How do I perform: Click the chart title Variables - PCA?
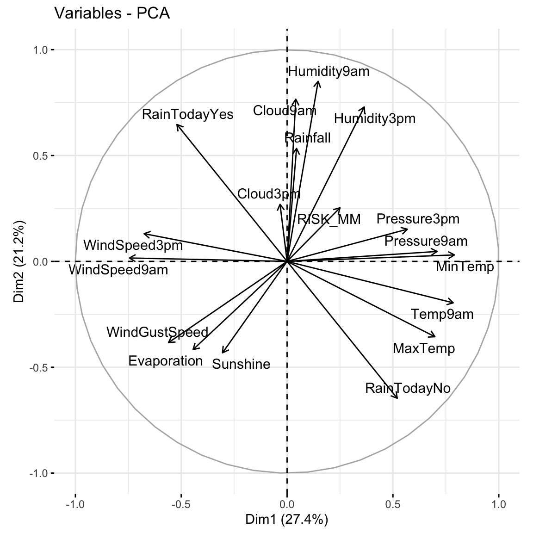pos(112,13)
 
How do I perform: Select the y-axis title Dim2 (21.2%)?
pos(19,261)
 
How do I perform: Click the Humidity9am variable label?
pos(329,71)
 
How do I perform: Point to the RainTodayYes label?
pos(187,114)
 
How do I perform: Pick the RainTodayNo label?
pos(408,388)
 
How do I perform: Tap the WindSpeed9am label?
pos(118,270)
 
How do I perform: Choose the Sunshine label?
pos(241,364)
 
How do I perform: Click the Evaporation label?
pos(165,361)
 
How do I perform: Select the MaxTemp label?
pos(424,348)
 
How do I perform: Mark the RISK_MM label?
pos(328,219)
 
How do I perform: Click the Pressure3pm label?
pos(418,219)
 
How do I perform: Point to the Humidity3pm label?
pos(375,119)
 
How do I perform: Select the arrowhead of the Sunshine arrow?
pos(223,353)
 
